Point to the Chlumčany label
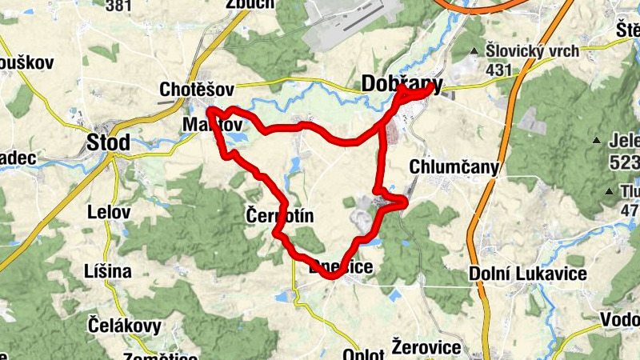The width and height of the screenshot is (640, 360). (x=454, y=167)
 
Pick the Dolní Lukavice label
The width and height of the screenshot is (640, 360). (x=528, y=274)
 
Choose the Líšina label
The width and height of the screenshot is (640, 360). (x=107, y=271)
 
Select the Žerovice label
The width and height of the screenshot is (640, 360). (x=426, y=347)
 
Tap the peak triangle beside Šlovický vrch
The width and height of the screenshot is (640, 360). (x=474, y=52)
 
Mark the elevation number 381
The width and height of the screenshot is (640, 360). (x=118, y=6)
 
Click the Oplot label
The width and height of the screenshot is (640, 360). (x=363, y=354)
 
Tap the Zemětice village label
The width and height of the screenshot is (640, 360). (x=160, y=357)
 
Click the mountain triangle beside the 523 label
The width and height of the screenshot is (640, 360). (x=596, y=142)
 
